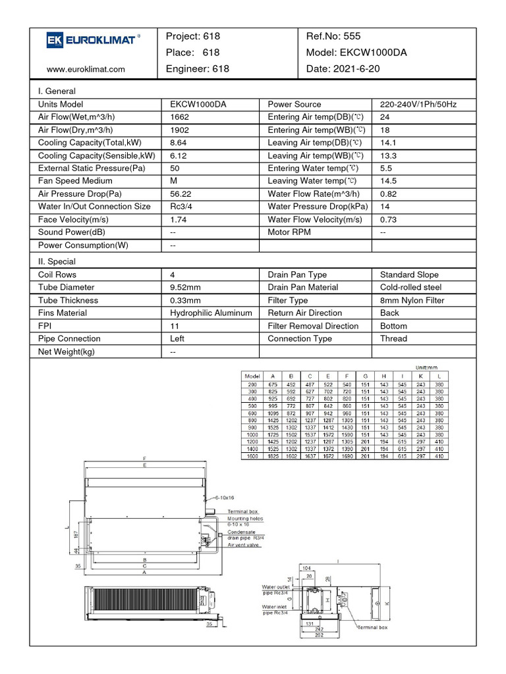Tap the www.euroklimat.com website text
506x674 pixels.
[x=86, y=69]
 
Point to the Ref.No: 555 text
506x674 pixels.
[x=333, y=36]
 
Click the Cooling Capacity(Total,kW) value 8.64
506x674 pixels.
[x=179, y=143]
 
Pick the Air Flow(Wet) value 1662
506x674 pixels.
[x=179, y=117]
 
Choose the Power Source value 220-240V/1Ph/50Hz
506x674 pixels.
[x=418, y=105]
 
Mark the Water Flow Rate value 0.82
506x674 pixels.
[x=389, y=194]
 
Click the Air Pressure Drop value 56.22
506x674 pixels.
[x=181, y=194]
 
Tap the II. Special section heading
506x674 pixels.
[x=57, y=262]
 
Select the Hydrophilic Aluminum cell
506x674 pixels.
[x=211, y=313]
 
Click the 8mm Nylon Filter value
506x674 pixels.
[x=412, y=301]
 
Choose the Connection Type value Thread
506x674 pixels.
[x=393, y=339]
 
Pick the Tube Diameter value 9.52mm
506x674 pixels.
[x=187, y=288]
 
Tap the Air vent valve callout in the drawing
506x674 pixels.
[x=244, y=545]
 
